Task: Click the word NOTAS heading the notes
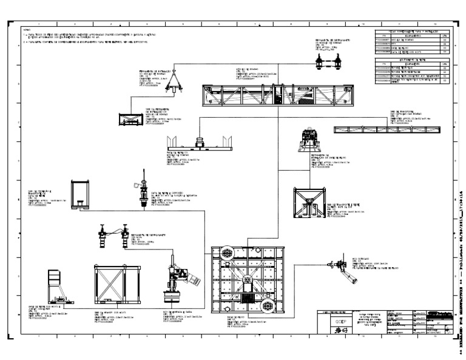(x=26, y=29)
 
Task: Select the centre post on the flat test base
(x=198, y=143)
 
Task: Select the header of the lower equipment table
(x=413, y=59)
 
